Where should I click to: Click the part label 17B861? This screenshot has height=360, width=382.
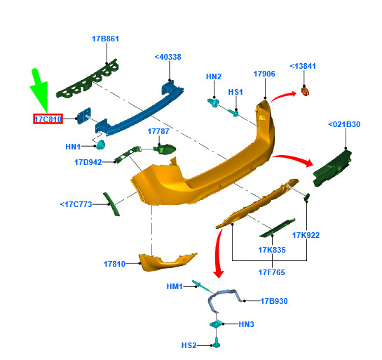coord(105,39)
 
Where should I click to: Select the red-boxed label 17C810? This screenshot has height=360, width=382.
coord(48,119)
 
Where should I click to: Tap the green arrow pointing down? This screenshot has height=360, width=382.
coord(39,91)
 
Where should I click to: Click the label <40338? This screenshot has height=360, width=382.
coord(168,57)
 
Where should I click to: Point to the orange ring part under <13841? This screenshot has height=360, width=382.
coord(305,92)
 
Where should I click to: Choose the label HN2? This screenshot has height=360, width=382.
coord(214,76)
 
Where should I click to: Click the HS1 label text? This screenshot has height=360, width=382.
coord(236,92)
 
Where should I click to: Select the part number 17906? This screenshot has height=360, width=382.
coord(264,74)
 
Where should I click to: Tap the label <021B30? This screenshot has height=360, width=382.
coord(344,124)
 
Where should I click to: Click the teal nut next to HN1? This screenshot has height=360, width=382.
coord(100,145)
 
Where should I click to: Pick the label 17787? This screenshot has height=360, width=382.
coord(158,131)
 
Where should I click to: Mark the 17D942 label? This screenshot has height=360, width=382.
coord(88,162)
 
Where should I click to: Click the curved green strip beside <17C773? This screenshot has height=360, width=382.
coord(111,204)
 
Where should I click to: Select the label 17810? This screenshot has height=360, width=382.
coord(114,264)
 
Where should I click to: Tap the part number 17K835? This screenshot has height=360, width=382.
coord(272,250)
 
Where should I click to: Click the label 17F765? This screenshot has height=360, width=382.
coord(272,272)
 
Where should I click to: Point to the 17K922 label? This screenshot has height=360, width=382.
coord(306,235)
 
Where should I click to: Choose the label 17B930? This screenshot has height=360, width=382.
coord(274,301)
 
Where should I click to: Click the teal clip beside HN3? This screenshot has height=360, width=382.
coord(216,324)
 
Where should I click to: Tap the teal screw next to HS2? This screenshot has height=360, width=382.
coord(217,342)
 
